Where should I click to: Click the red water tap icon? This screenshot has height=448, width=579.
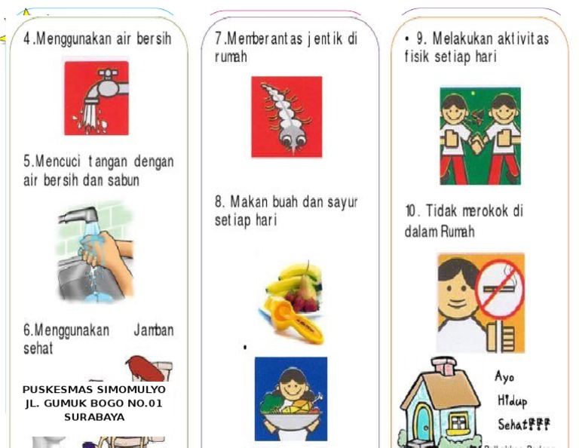96,97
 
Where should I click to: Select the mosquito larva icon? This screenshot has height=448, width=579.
286,116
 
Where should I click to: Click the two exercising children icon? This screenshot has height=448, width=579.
480,135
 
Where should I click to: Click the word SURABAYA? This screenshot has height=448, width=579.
94,416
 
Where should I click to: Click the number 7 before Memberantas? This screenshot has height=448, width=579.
219,38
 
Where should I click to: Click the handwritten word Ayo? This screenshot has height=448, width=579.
504,376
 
